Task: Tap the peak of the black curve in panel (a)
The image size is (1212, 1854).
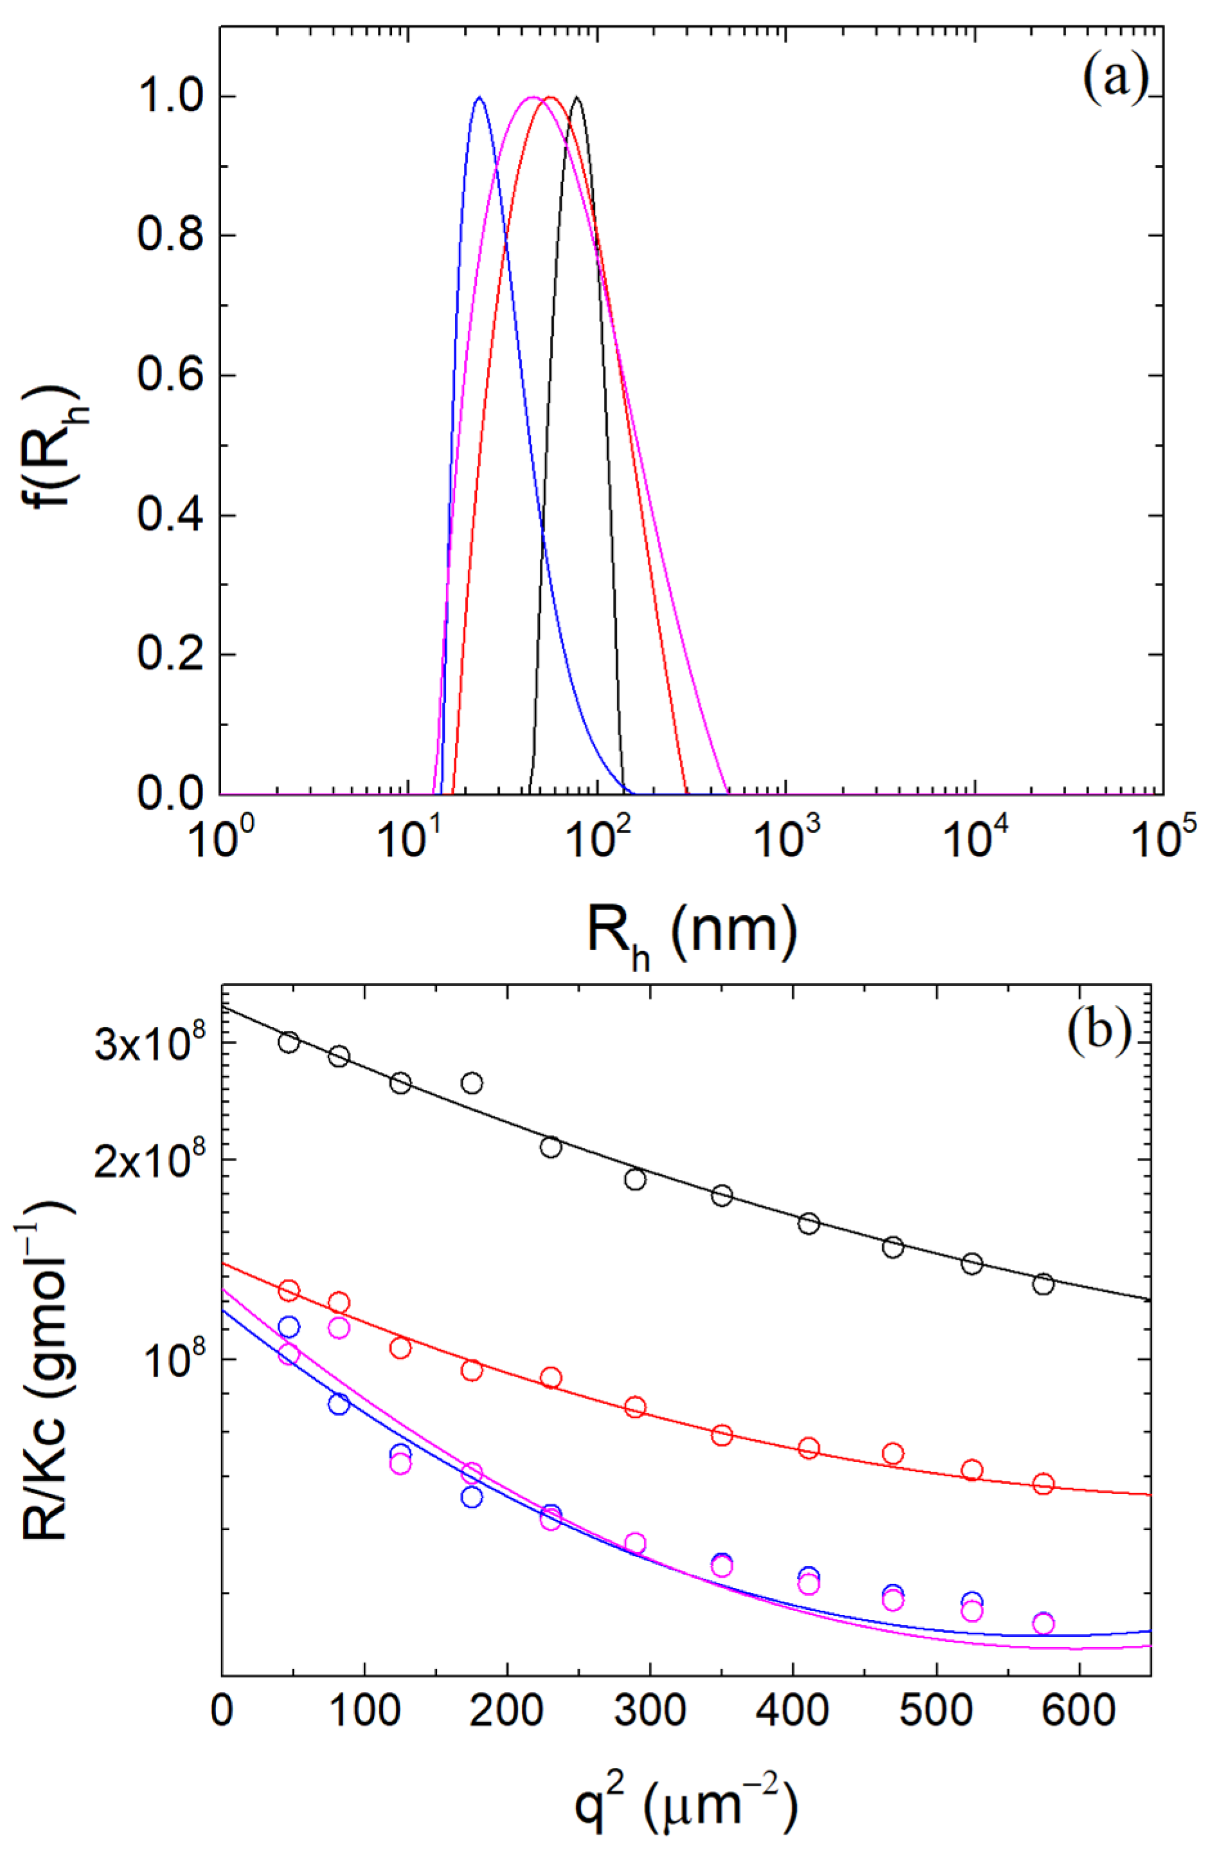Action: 576,98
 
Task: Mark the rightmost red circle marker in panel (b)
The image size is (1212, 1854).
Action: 1044,1484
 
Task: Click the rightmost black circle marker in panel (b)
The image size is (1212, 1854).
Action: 1044,1284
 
